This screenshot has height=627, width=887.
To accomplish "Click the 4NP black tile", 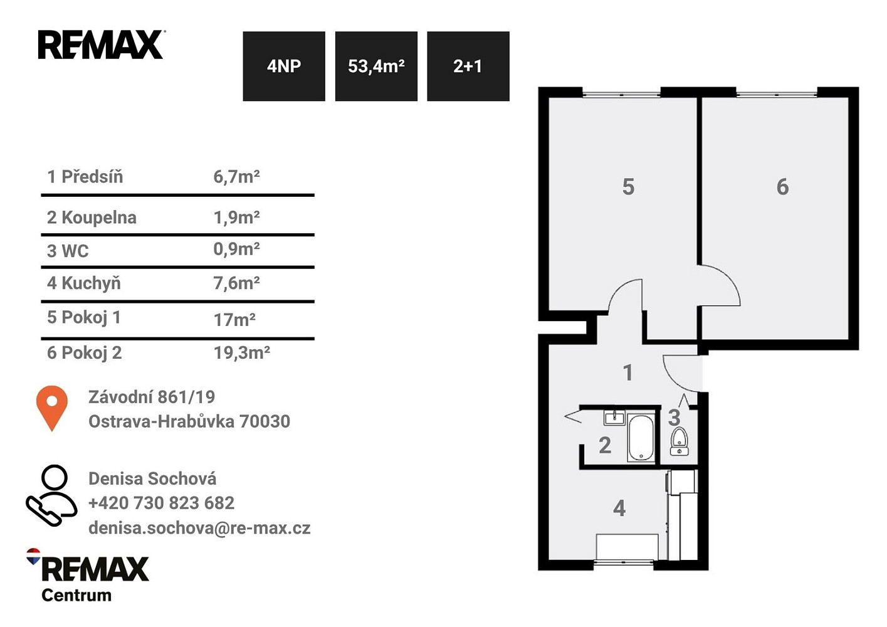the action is point(284,66).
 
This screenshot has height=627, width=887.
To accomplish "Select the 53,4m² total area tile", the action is point(376,66).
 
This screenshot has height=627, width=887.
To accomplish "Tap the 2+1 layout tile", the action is point(468,66).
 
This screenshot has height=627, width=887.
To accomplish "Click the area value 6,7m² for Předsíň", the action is point(236,177).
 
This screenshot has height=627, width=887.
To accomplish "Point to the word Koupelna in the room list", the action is point(99,218).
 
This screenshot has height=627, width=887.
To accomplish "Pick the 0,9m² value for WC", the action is point(236,249).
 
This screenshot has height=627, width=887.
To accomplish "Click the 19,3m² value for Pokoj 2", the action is point(242,352).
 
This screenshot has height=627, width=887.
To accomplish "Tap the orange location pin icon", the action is point(52,408).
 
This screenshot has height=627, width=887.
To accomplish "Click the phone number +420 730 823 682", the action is point(162,503).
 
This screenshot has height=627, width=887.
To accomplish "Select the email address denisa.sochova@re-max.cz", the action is point(199,528).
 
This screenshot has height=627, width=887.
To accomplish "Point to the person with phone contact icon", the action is point(51,495).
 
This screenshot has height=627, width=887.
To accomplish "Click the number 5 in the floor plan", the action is point(628,187).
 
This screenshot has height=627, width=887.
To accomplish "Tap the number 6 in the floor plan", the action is point(782,187).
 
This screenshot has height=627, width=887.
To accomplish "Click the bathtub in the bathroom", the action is point(641,438).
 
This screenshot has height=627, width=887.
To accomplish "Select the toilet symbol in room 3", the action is point(680,441).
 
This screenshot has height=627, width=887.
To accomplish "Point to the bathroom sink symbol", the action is point(614,418).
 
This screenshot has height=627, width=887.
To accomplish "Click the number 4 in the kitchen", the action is point(619,508).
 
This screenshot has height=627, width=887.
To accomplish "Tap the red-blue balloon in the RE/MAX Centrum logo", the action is point(33,556).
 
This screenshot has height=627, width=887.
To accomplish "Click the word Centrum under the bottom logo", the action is point(76,595).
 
